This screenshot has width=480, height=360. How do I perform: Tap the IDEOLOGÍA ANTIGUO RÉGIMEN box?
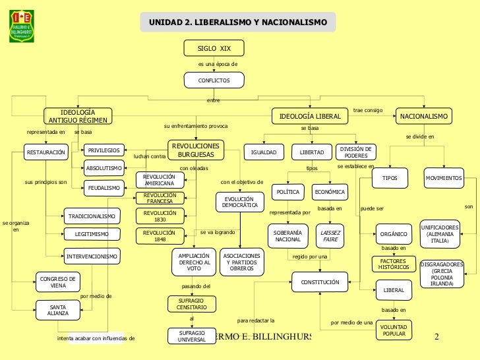[78, 116]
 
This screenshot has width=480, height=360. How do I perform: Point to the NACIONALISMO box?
[424, 116]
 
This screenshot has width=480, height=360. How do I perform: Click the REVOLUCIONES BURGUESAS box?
[196, 150]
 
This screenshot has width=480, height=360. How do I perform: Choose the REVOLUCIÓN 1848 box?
[160, 236]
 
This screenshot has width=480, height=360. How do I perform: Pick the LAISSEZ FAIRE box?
[330, 236]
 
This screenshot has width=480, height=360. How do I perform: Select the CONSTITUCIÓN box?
[320, 283]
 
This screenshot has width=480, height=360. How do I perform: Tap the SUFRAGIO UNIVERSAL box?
[192, 336]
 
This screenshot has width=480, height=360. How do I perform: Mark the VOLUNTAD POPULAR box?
[394, 330]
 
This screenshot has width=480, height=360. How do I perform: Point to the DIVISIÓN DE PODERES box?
[356, 152]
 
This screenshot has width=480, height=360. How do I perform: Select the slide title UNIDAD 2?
[237, 23]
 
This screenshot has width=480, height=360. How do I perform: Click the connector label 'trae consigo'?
[368, 109]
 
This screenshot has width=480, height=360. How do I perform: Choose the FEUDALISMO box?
[104, 188]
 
